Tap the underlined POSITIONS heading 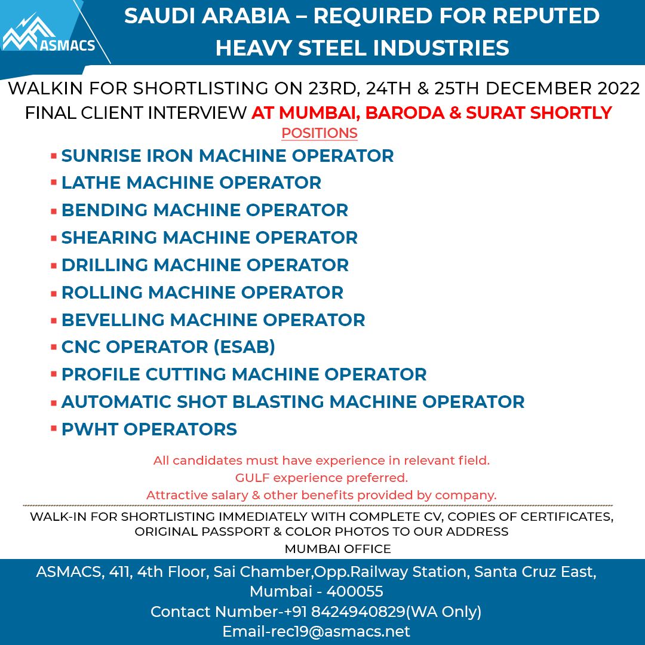320,133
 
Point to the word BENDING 105,210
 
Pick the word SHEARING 109,238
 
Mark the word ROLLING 102,293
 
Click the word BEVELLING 113,320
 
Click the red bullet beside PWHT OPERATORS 54,428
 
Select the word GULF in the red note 252,478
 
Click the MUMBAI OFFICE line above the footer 337,548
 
